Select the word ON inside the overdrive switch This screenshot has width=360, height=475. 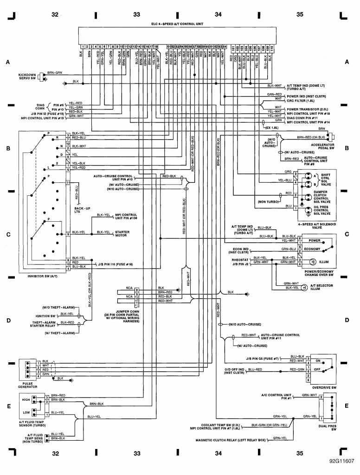point(318,360)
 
